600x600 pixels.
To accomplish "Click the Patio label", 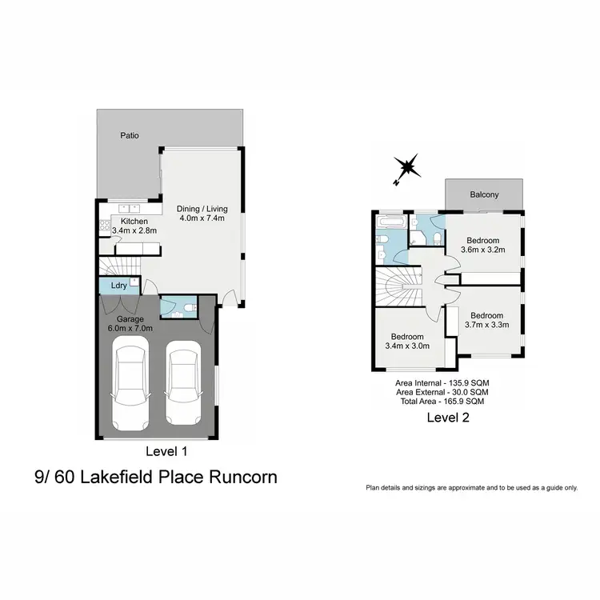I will [130, 136].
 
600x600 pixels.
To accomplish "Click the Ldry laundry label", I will [118, 286].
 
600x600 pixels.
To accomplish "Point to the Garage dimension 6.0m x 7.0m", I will [130, 327].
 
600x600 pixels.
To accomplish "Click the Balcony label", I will [484, 194].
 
